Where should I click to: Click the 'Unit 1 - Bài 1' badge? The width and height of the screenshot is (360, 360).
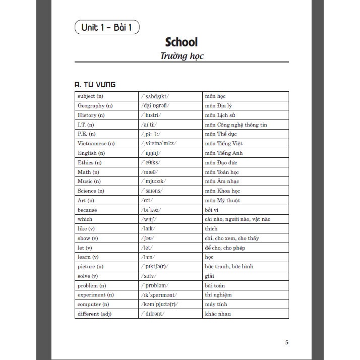tap(106, 27)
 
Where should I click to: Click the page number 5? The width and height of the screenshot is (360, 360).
tap(287, 342)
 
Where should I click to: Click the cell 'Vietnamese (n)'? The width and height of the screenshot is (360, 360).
tap(96, 144)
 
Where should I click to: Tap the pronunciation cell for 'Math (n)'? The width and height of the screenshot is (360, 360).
tap(150, 172)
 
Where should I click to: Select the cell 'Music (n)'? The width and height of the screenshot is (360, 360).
tap(89, 182)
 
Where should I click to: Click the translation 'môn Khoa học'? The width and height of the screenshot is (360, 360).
tap(222, 191)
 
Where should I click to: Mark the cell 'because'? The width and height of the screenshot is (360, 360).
tap(87, 210)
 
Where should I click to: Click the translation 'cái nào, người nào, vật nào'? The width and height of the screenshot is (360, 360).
tap(237, 219)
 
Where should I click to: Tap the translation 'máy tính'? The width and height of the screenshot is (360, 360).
tap(215, 305)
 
